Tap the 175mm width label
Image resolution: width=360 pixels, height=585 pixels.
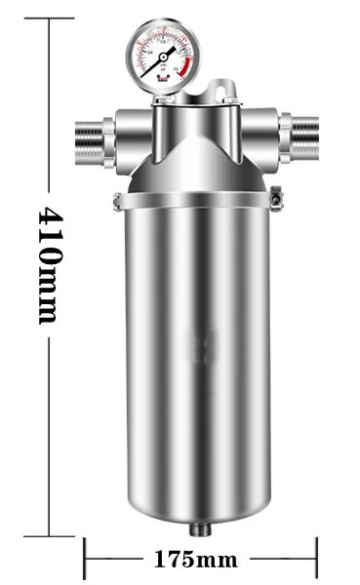tap(197, 560)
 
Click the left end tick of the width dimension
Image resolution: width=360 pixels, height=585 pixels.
tap(84, 560)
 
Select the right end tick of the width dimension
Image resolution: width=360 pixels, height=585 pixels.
tap(316, 560)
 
